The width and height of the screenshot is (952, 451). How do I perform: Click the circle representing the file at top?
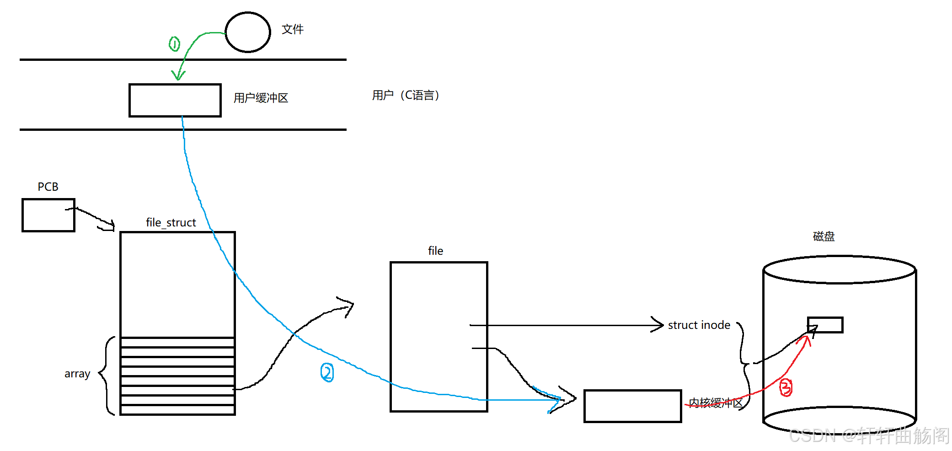[x=248, y=32]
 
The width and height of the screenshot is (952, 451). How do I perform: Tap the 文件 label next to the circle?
[x=293, y=29]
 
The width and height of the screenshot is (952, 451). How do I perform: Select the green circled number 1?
[x=174, y=44]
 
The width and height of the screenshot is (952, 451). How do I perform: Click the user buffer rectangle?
[x=175, y=100]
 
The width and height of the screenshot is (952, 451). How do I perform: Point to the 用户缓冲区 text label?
[x=261, y=98]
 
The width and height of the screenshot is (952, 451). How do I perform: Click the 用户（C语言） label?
[x=406, y=95]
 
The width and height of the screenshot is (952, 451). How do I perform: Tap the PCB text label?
[x=48, y=187]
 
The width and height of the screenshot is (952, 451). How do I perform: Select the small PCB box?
[x=48, y=215]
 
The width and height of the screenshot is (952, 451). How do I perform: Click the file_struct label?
[x=171, y=223]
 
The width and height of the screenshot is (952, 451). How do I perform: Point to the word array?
[x=77, y=374]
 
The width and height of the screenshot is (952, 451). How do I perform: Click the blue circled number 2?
[x=327, y=372]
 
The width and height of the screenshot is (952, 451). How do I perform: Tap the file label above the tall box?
[x=435, y=251]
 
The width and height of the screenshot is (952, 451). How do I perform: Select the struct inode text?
[x=699, y=325]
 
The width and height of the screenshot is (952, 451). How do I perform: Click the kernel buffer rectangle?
[x=632, y=406]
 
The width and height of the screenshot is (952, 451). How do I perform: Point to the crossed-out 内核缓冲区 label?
[x=716, y=403]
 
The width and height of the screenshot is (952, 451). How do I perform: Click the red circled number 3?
[x=786, y=387]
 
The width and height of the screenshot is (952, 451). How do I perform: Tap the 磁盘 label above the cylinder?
[x=824, y=236]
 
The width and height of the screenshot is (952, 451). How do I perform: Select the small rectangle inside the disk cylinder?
[x=825, y=325]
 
